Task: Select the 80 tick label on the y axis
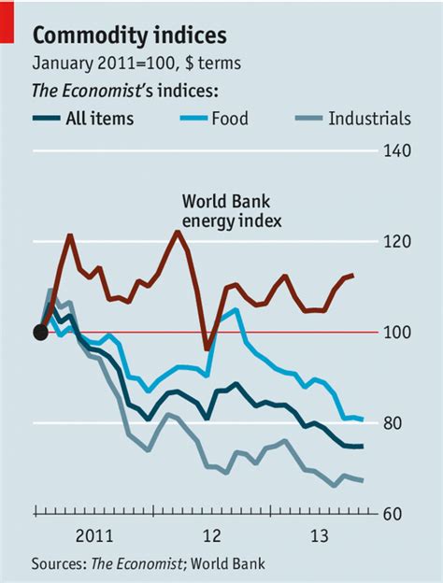pos(400,424)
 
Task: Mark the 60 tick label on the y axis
pos(400,515)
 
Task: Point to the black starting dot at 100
pos(40,332)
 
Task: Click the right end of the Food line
pos(363,419)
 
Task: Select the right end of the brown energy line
pos(353,275)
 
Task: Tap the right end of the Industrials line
pos(363,480)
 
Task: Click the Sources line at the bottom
pos(149,563)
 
